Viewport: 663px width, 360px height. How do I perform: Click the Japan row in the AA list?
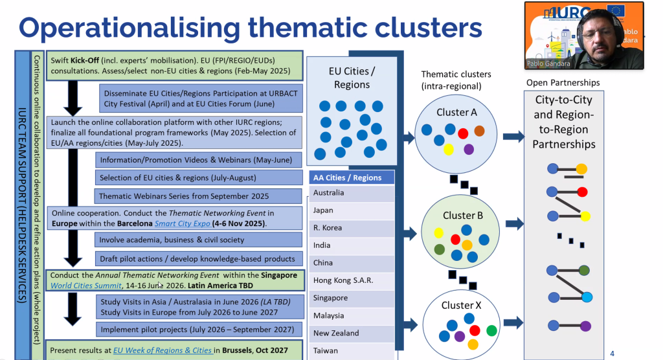point(324,210)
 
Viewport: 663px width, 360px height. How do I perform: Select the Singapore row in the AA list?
point(331,298)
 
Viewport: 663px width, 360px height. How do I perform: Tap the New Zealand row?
point(336,333)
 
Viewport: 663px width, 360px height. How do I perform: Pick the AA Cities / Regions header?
point(348,177)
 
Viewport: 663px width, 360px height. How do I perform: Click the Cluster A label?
point(456,112)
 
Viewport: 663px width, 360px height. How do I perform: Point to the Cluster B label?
point(464,216)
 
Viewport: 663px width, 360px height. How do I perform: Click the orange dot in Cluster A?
point(479,131)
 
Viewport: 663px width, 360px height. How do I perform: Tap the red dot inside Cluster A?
point(463,134)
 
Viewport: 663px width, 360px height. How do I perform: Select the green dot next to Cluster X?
point(492,330)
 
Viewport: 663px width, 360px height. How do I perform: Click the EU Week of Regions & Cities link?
point(163,350)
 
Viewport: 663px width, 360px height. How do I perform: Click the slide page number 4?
point(612,353)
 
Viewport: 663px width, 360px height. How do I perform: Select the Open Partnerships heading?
point(563,83)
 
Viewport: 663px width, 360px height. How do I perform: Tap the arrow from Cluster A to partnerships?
point(513,137)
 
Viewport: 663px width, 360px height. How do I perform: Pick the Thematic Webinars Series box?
point(183,196)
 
